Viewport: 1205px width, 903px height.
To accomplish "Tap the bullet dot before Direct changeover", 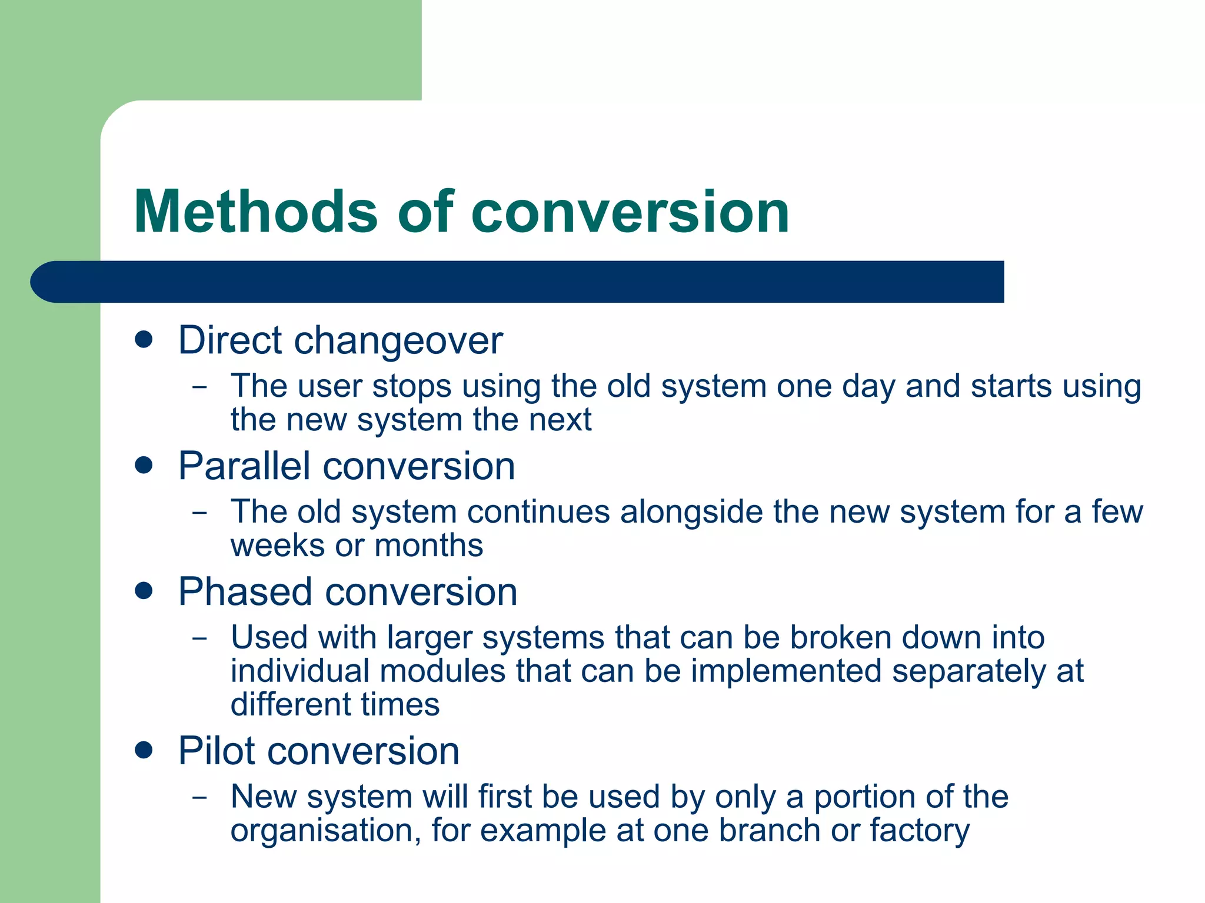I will point(144,339).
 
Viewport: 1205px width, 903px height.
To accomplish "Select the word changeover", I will point(398,341).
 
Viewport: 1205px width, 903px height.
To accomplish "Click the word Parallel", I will point(244,466).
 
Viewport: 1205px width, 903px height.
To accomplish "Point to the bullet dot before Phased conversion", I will point(144,591).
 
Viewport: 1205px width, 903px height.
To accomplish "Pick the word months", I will point(428,545).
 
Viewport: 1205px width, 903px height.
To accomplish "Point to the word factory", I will point(920,831).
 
